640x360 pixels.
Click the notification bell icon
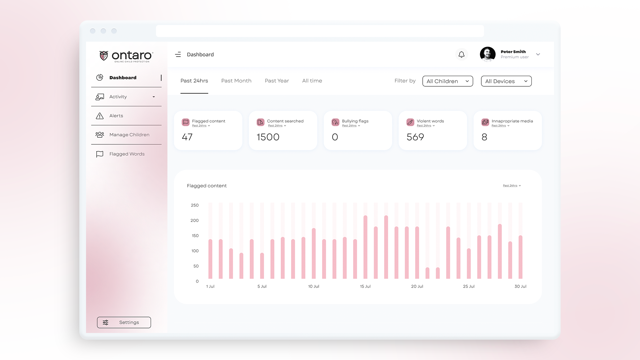[x=461, y=54]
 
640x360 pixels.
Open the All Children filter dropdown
[x=447, y=81]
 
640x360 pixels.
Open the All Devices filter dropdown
[x=506, y=81]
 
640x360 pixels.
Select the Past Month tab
[x=236, y=81]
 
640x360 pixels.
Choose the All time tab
[x=312, y=81]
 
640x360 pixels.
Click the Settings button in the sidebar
[x=124, y=322]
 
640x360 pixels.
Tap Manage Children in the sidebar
[x=129, y=135]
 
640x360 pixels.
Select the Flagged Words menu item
[x=127, y=154]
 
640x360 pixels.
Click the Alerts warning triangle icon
[x=100, y=116]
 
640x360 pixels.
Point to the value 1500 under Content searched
[x=268, y=137]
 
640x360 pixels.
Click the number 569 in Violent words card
[x=415, y=137]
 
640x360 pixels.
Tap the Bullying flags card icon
[x=335, y=122]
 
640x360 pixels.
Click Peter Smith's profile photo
[x=488, y=54]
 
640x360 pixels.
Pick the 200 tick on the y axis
[x=194, y=220]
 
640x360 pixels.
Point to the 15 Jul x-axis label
[x=365, y=286]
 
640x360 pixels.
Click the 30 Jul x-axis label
[x=520, y=286]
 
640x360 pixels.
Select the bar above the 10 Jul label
[x=314, y=253]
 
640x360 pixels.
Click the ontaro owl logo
[x=104, y=56]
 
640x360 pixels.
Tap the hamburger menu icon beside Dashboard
[x=178, y=54]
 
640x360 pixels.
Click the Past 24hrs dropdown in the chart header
[x=512, y=186]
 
